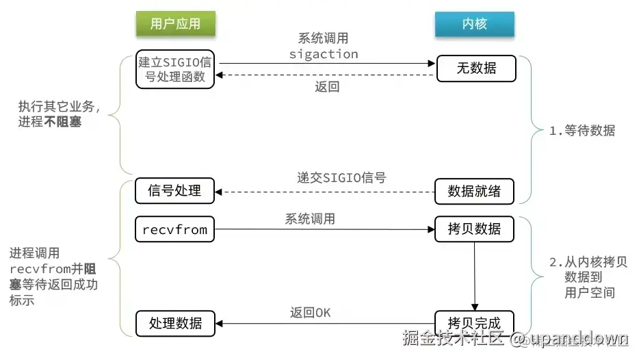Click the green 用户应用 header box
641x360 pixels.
click(175, 24)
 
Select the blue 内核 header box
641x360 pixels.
click(475, 24)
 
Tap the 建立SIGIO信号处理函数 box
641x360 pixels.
click(175, 69)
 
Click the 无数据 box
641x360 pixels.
click(476, 68)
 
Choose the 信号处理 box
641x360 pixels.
click(174, 191)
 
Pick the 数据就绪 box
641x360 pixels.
click(474, 191)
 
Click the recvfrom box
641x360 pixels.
click(174, 229)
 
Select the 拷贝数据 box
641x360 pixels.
click(474, 229)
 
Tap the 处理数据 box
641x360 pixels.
click(175, 324)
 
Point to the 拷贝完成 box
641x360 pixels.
click(474, 323)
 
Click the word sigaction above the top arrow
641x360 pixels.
click(324, 54)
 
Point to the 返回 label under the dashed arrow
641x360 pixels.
click(327, 87)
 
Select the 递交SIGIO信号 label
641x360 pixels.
click(341, 177)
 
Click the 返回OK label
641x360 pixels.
click(311, 313)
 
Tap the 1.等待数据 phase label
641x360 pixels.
click(582, 131)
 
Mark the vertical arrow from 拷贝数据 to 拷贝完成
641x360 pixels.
click(475, 277)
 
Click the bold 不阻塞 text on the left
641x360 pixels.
click(62, 122)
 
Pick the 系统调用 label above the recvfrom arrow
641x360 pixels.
click(310, 219)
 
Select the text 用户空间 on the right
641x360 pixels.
click(590, 292)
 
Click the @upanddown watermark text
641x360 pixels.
click(569, 338)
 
